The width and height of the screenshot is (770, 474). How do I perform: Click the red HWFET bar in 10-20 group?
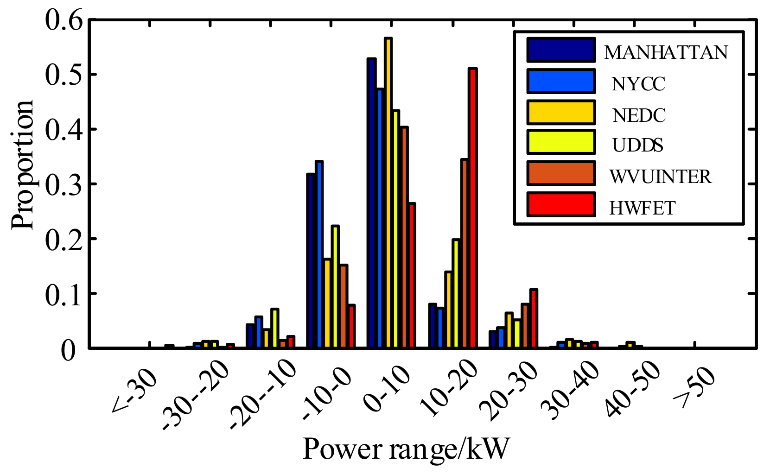point(472,209)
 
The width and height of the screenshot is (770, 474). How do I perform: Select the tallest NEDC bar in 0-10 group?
point(388,195)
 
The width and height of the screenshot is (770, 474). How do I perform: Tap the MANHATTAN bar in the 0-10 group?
point(371,204)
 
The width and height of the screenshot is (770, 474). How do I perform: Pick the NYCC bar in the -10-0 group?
point(319,255)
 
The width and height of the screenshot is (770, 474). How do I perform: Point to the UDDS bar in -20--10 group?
point(274,328)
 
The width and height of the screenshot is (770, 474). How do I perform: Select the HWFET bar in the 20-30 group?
point(533,319)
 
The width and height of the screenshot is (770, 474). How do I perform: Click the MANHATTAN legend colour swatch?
point(560,50)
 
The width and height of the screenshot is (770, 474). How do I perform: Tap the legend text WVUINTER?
point(660,177)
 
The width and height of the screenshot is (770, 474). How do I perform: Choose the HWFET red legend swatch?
point(560,205)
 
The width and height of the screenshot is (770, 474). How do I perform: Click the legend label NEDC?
point(639,115)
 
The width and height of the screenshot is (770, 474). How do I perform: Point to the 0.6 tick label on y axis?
point(64,21)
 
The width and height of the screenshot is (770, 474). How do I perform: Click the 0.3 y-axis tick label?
point(64,184)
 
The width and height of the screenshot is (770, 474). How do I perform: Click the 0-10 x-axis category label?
point(387,389)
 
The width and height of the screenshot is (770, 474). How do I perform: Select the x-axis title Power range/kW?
point(406,449)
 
